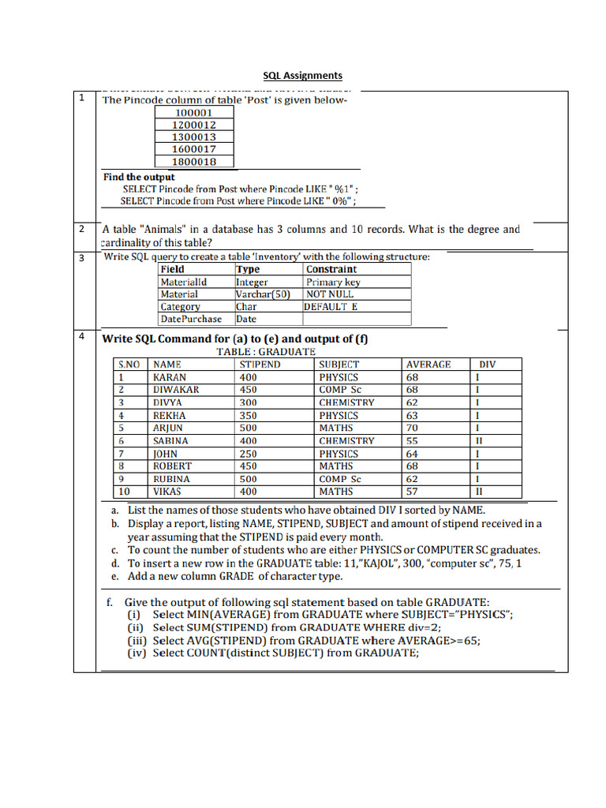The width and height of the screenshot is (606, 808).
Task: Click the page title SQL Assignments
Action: click(x=302, y=76)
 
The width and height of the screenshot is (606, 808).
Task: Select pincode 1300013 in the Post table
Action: click(x=194, y=137)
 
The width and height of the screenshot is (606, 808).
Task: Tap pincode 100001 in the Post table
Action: click(x=194, y=113)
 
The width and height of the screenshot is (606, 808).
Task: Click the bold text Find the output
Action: click(x=139, y=178)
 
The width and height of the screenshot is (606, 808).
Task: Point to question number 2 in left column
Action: click(x=81, y=229)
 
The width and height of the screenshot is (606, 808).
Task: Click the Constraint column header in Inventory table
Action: click(x=331, y=269)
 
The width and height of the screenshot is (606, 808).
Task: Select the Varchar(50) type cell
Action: click(x=263, y=294)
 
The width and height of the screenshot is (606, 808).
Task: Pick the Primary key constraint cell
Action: click(x=333, y=282)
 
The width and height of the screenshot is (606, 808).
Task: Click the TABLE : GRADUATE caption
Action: click(x=266, y=351)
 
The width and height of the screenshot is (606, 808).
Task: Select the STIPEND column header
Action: click(x=260, y=365)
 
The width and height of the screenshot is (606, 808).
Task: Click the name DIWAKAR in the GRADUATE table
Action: click(x=176, y=390)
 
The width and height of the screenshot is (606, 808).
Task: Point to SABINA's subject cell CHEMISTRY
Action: click(x=346, y=441)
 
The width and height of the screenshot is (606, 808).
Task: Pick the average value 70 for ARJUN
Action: click(x=412, y=428)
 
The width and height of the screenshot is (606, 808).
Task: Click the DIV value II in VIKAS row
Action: click(x=478, y=492)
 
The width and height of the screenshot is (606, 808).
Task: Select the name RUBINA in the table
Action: click(x=171, y=479)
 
